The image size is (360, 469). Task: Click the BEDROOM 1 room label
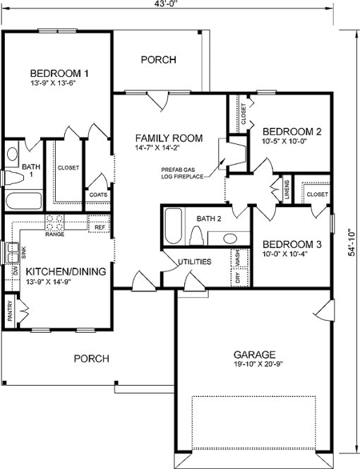pos(59,73)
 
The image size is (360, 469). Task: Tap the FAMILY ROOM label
pos(169,138)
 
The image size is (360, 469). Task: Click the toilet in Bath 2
pos(196,235)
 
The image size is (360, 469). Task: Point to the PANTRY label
pos(10,311)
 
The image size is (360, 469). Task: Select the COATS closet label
pos(98,195)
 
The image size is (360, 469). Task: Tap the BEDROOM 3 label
pos(292,245)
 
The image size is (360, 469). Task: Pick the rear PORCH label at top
pos(158,60)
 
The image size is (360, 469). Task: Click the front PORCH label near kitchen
pos(92,359)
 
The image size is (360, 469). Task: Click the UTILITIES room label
pos(195,261)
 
